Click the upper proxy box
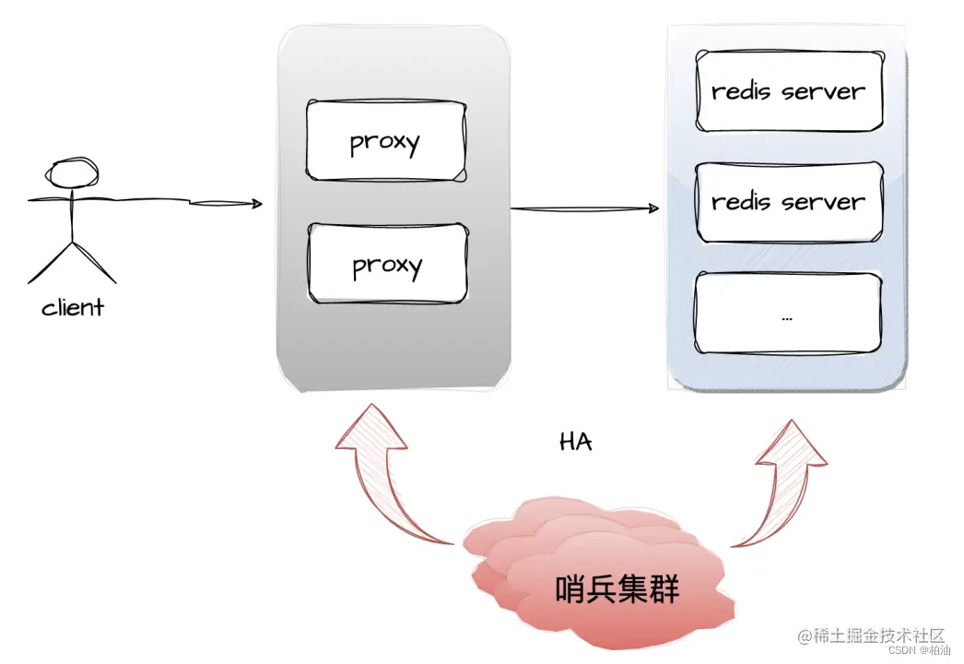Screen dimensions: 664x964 click(x=386, y=141)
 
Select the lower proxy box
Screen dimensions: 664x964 click(x=386, y=264)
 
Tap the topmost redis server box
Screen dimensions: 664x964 click(x=788, y=91)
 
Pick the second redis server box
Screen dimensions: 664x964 click(x=788, y=201)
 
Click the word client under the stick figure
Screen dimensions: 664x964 click(x=73, y=307)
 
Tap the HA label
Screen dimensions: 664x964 click(x=576, y=442)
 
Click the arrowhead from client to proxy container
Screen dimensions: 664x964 click(x=253, y=204)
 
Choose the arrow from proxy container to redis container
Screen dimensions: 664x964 click(x=585, y=209)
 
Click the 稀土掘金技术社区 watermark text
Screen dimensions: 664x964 click(x=871, y=635)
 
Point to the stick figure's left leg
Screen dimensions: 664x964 click(x=51, y=263)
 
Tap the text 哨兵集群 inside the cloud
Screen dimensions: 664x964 click(x=617, y=588)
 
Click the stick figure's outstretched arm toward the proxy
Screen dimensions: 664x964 click(x=147, y=199)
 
